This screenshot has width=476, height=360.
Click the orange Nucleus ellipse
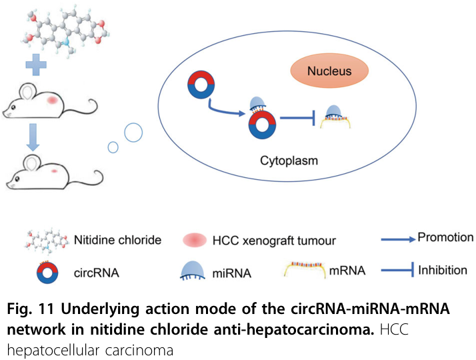click(329, 71)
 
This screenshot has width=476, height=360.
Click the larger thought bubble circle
click(133, 133)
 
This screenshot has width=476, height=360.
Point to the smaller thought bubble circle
click(113, 147)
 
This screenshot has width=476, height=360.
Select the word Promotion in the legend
click(445, 237)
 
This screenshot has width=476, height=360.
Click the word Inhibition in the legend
click(443, 270)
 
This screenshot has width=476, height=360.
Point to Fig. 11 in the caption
click(27, 309)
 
